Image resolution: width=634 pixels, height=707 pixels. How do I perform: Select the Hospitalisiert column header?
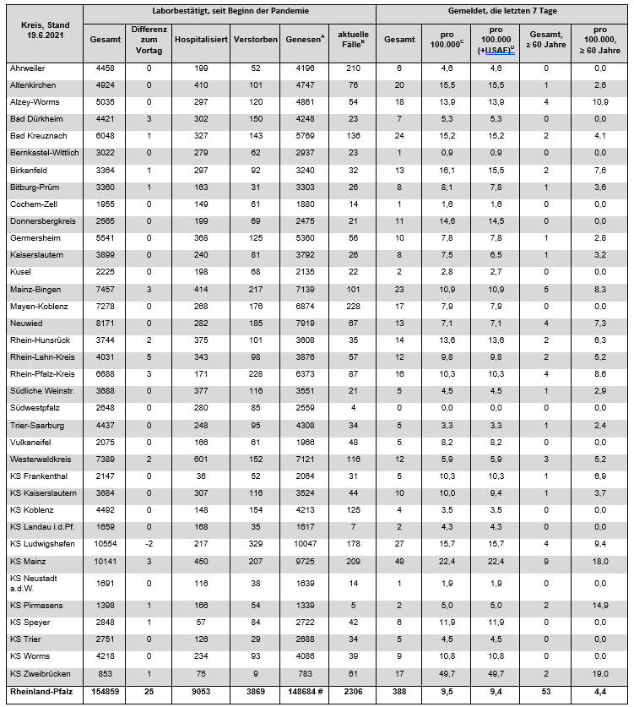(201, 40)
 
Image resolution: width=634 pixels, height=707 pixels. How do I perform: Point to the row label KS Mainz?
(27, 561)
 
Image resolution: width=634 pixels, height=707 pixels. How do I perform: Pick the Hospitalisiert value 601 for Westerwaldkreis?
(201, 459)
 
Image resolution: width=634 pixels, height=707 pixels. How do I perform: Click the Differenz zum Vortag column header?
(149, 40)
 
